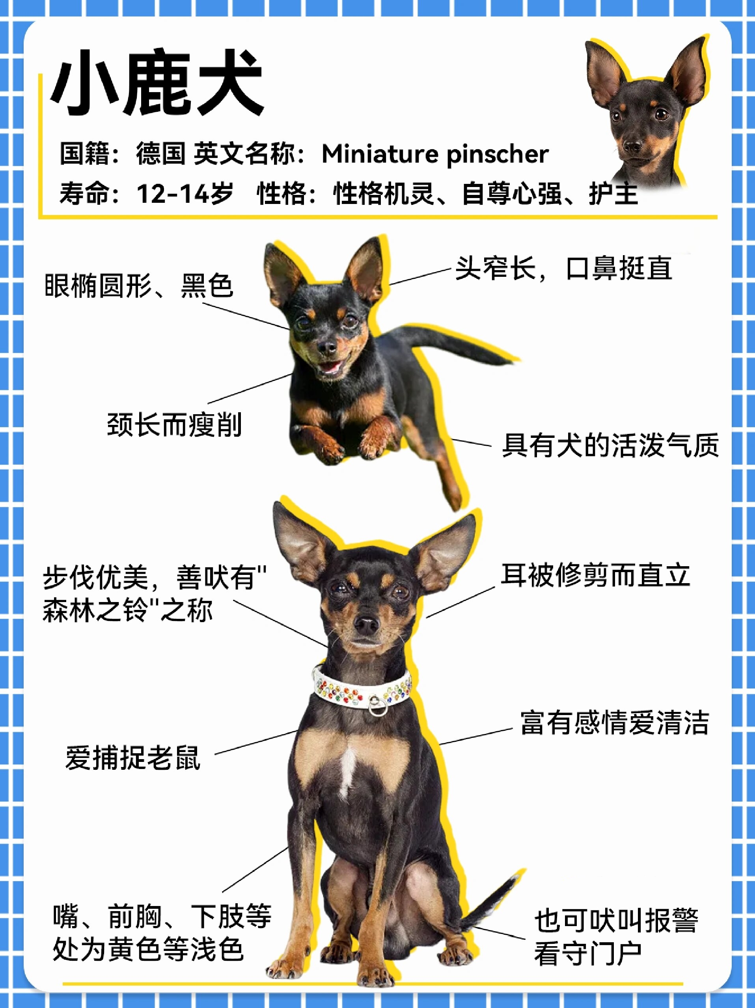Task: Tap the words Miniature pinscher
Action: (x=435, y=154)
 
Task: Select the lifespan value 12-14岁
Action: (x=185, y=193)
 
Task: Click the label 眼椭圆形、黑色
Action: (x=139, y=286)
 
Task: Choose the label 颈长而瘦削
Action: (x=174, y=425)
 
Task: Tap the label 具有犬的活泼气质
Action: (x=610, y=445)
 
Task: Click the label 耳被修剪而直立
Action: (x=595, y=575)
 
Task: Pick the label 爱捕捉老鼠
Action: (x=133, y=758)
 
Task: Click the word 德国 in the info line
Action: (x=160, y=154)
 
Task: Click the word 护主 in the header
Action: (x=613, y=193)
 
